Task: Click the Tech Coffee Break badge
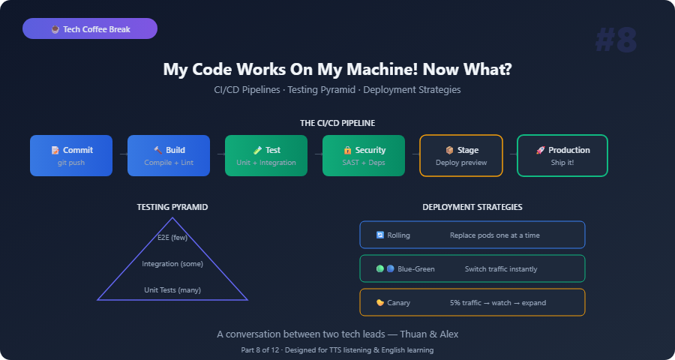click(x=90, y=28)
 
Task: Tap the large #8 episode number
click(x=616, y=40)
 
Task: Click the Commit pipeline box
click(x=71, y=155)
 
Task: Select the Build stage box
click(x=169, y=155)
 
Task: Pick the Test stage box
click(x=266, y=155)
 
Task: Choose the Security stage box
click(x=364, y=155)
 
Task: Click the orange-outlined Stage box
click(x=461, y=155)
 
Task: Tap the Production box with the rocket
click(x=562, y=155)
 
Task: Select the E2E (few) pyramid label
click(x=172, y=237)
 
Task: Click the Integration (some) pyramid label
click(x=172, y=263)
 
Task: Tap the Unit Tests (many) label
click(x=172, y=289)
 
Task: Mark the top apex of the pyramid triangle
click(x=172, y=218)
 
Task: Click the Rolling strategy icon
click(x=379, y=235)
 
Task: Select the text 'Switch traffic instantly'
click(x=501, y=269)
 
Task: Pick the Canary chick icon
click(x=379, y=303)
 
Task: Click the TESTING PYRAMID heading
click(x=172, y=207)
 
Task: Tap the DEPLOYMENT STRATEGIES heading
click(x=472, y=207)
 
